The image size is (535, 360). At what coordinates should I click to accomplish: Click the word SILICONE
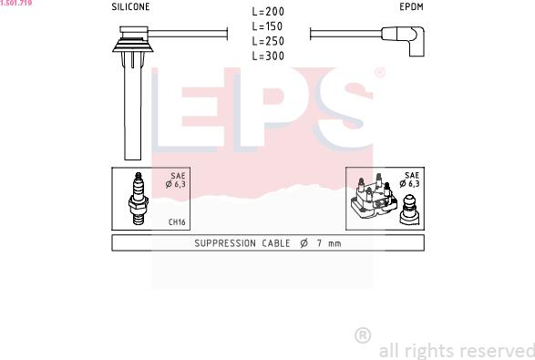click(x=130, y=6)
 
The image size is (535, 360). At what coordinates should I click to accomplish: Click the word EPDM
click(x=411, y=6)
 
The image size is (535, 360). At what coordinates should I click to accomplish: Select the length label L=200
click(x=268, y=12)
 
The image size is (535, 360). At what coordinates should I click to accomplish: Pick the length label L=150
click(x=268, y=26)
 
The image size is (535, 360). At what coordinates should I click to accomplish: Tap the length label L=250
click(x=268, y=41)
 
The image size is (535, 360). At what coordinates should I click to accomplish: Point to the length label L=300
click(x=268, y=56)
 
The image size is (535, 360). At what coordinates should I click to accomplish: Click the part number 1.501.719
click(x=16, y=3)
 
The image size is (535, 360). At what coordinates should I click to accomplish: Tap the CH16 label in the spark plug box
click(x=177, y=222)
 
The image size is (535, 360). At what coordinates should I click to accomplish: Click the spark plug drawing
click(x=139, y=199)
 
